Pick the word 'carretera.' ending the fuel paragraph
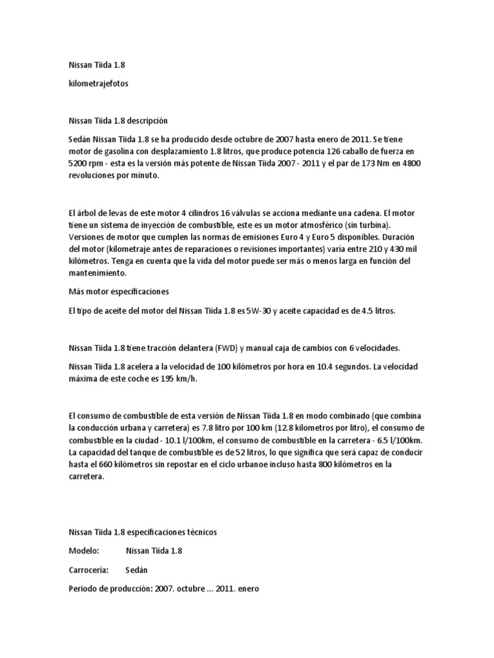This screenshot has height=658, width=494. point(86,477)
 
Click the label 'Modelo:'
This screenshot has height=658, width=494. point(84,551)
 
